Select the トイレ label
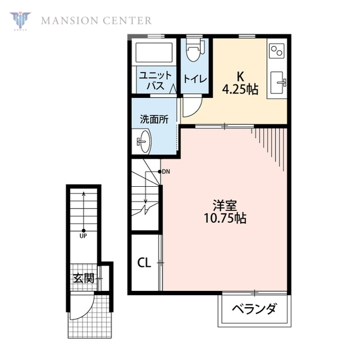(194, 79)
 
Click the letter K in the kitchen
(240, 76)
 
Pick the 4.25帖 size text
(240, 89)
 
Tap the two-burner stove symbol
(277, 52)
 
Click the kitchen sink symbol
(277, 83)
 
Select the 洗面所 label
(154, 119)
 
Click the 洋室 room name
(223, 205)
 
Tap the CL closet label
(143, 263)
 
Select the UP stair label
(83, 236)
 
